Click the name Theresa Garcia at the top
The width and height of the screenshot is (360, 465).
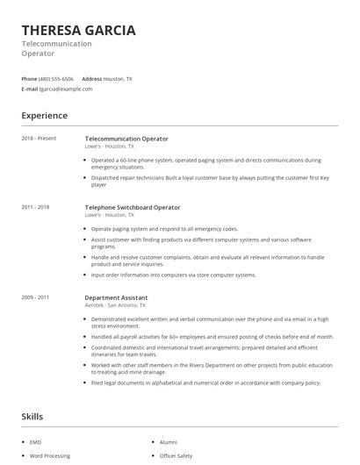[78, 31]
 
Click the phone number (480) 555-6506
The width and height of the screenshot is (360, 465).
[56, 79]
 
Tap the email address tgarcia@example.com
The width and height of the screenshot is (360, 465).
[66, 89]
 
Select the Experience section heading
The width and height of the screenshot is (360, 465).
[45, 116]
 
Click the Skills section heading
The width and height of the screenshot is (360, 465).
[32, 417]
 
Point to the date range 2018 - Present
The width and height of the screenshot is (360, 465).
[38, 139]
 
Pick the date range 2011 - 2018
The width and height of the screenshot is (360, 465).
[36, 207]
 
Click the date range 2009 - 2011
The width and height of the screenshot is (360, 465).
[36, 297]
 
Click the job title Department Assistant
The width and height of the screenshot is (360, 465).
[116, 297]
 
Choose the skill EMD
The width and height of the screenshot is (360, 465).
[35, 442]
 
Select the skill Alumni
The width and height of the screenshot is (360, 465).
[169, 442]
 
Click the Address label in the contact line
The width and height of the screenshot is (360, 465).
[92, 79]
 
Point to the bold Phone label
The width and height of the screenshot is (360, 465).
[29, 79]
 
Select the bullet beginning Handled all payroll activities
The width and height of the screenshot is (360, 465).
[212, 336]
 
